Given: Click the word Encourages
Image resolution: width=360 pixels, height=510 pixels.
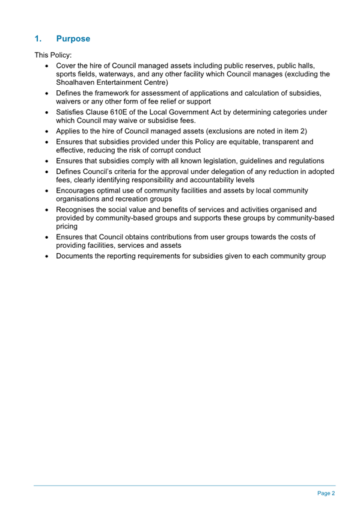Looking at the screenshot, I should coord(79,191).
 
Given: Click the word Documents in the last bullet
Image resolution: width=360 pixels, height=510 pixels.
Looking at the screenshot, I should coord(77,256).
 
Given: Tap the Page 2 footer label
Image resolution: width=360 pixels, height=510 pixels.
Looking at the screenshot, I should coord(326,493).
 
